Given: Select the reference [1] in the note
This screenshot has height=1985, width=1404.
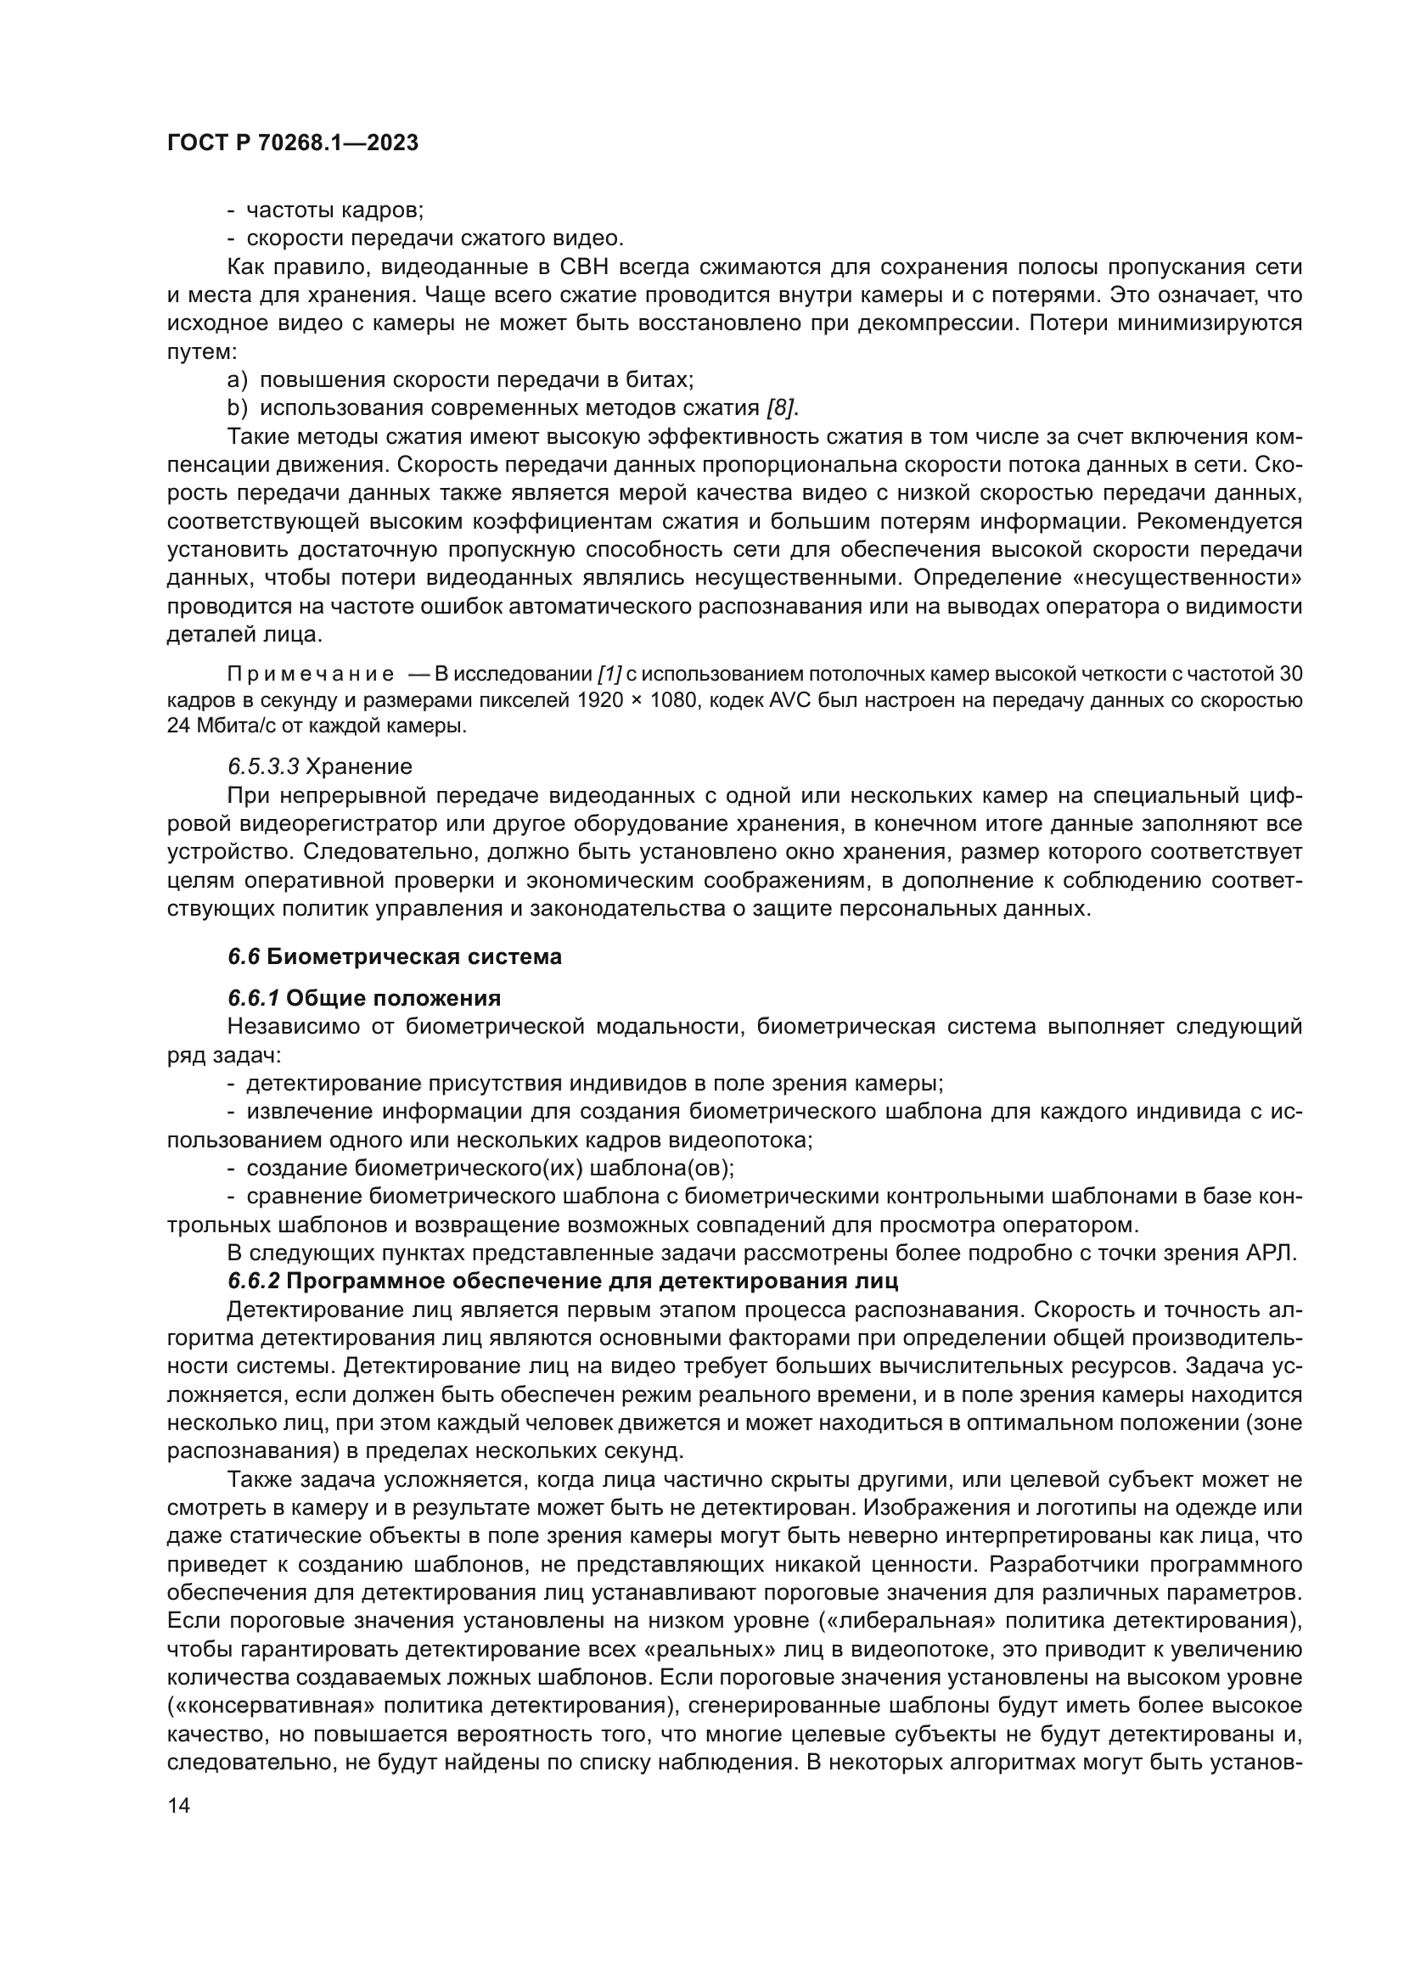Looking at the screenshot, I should (609, 675).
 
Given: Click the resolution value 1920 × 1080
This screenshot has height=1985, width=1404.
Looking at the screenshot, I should (639, 700).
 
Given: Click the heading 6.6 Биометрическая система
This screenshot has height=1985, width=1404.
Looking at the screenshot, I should (395, 957).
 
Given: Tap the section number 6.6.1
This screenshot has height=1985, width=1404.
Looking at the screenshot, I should (253, 999).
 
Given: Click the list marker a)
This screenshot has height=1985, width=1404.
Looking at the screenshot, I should (237, 379).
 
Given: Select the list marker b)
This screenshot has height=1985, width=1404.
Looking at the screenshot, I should (237, 407).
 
